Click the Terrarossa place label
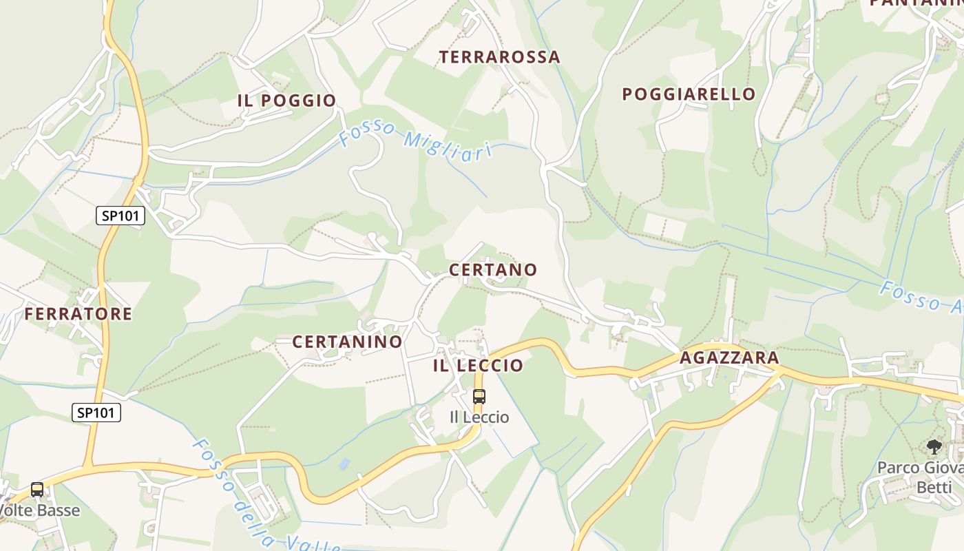pyautogui.click(x=500, y=57)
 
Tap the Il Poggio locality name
pyautogui.click(x=286, y=101)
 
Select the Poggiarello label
pyautogui.click(x=689, y=94)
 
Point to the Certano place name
pyautogui.click(x=492, y=270)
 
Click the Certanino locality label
pyautogui.click(x=347, y=342)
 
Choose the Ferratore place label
pyautogui.click(x=78, y=314)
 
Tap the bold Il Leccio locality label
pyautogui.click(x=478, y=366)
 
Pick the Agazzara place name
pyautogui.click(x=729, y=358)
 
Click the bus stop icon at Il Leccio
pyautogui.click(x=479, y=397)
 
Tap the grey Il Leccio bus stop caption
pyautogui.click(x=479, y=417)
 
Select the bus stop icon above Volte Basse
pyautogui.click(x=37, y=490)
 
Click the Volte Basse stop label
pyautogui.click(x=39, y=511)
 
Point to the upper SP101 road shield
pyautogui.click(x=120, y=216)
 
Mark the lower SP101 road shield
pyautogui.click(x=96, y=413)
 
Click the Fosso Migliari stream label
pyautogui.click(x=416, y=142)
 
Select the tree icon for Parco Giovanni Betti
pyautogui.click(x=934, y=447)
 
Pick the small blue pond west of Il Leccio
pyautogui.click(x=344, y=464)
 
